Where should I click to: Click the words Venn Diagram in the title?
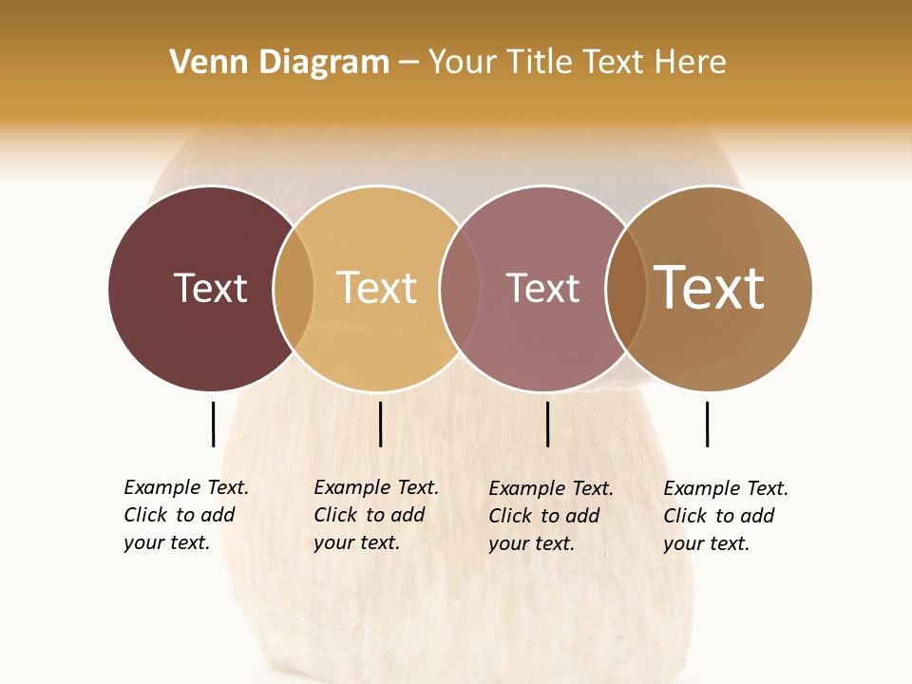[279, 63]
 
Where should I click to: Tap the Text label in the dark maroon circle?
[210, 288]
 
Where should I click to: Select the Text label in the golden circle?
[376, 288]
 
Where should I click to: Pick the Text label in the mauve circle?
[542, 288]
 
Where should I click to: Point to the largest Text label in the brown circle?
[709, 287]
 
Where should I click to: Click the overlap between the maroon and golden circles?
[294, 289]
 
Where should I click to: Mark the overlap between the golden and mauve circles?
[460, 289]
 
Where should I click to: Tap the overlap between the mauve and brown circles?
[624, 289]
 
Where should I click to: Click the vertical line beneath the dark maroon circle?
[213, 424]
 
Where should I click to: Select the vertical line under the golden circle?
[380, 424]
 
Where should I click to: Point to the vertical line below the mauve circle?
[547, 424]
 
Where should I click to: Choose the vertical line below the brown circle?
[707, 424]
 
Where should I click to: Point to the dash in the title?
[408, 63]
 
